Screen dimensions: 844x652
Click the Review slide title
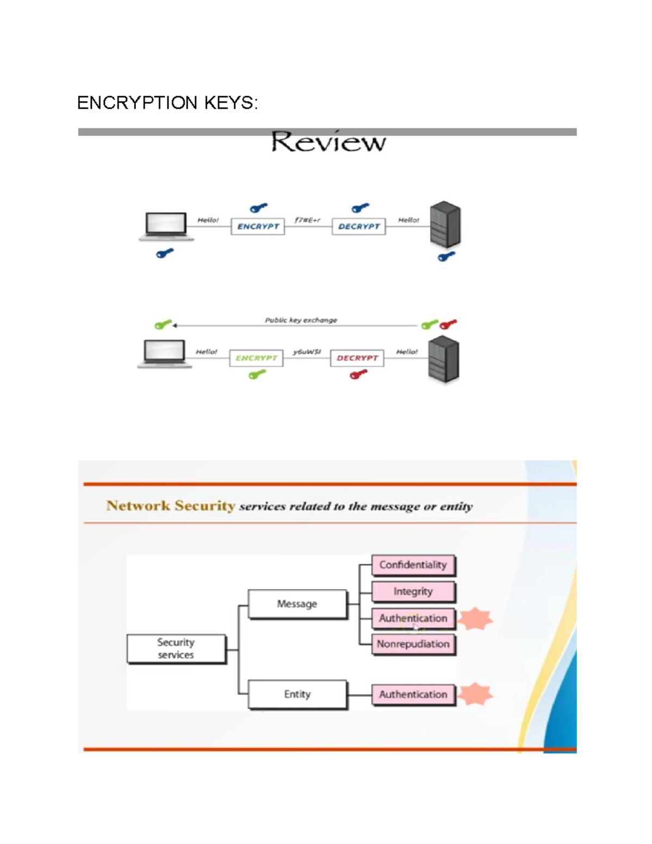click(328, 142)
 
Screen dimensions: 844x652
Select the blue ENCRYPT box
click(258, 227)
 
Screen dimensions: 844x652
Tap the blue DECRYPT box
click(359, 227)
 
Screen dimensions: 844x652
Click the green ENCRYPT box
click(256, 358)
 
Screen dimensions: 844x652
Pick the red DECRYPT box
click(357, 358)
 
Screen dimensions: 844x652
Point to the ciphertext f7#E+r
click(308, 220)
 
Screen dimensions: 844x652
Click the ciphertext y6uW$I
click(307, 352)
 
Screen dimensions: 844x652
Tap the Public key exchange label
click(301, 320)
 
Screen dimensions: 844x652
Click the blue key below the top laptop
click(165, 253)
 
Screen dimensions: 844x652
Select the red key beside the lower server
click(448, 324)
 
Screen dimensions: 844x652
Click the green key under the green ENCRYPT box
click(257, 374)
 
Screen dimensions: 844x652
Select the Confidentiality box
click(413, 565)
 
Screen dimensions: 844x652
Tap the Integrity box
click(413, 591)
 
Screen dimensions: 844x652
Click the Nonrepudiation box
click(413, 644)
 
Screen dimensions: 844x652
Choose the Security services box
click(176, 648)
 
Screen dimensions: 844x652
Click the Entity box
click(297, 694)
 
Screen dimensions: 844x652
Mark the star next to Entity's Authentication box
click(475, 694)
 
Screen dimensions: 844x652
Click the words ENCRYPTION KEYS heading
click(167, 103)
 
